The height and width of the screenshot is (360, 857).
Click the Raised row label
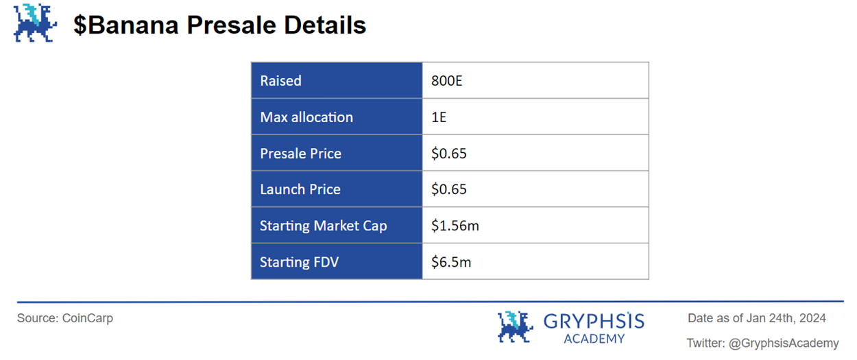click(x=280, y=81)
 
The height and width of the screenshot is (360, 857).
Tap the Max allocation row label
click(x=306, y=117)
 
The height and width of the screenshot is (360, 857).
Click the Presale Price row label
click(x=300, y=154)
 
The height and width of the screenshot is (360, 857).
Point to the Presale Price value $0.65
click(x=449, y=154)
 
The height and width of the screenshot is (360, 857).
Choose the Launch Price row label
click(x=300, y=189)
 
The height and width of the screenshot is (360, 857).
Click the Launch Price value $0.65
click(x=449, y=189)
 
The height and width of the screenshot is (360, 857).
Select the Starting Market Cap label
click(x=324, y=226)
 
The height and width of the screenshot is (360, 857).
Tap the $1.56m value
click(x=455, y=226)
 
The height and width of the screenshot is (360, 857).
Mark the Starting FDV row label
click(x=299, y=262)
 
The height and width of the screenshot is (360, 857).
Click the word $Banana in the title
click(x=126, y=25)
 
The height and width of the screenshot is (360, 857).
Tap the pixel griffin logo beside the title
click(x=35, y=23)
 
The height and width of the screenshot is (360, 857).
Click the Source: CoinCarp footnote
click(x=65, y=318)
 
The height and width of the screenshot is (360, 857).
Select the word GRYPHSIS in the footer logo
click(x=594, y=322)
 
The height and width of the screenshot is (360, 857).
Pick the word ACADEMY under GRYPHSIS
click(x=594, y=339)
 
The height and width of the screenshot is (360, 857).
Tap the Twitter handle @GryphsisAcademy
click(x=784, y=343)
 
